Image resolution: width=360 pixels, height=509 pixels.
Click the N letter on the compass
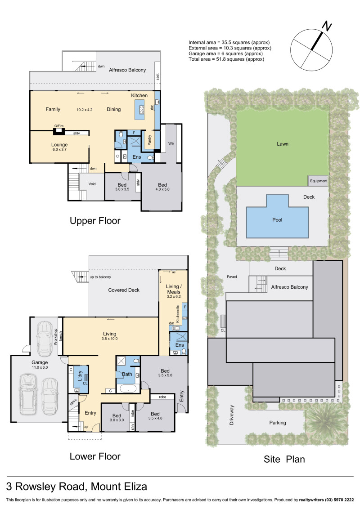click(327, 26)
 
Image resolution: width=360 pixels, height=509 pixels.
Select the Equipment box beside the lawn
click(318, 181)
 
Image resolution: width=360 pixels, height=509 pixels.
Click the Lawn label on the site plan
click(282, 144)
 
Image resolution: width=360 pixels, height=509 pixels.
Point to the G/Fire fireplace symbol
click(59, 131)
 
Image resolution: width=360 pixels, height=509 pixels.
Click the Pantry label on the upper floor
click(149, 140)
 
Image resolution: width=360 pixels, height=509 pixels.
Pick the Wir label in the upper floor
click(171, 143)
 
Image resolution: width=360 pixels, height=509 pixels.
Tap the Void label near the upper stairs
click(92, 184)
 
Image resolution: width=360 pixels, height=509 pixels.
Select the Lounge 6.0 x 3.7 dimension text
click(59, 149)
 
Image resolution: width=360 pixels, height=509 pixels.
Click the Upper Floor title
click(95, 221)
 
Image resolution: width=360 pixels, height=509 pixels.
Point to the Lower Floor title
click(95, 456)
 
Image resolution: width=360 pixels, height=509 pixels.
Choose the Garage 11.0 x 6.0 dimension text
click(40, 367)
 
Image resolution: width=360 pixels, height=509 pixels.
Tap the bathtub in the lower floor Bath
click(128, 388)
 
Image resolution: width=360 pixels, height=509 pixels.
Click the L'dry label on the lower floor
click(80, 376)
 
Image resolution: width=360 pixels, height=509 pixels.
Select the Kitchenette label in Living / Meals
click(178, 314)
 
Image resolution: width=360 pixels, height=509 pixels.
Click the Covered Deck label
click(124, 290)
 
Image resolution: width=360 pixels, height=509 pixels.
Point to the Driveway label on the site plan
click(232, 415)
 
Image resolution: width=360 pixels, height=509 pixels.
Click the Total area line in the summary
click(226, 59)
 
